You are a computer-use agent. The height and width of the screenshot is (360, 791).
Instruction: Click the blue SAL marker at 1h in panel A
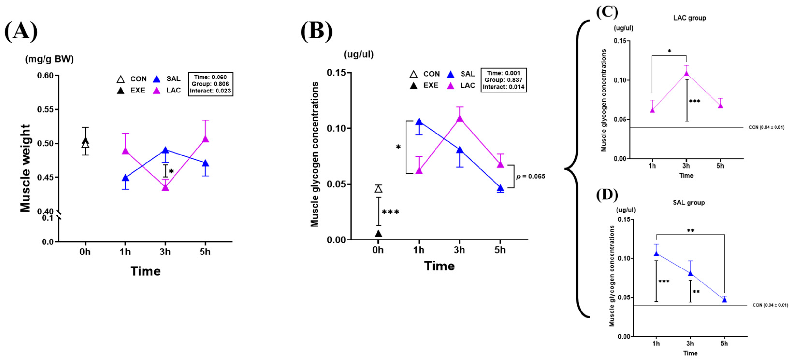click(125, 178)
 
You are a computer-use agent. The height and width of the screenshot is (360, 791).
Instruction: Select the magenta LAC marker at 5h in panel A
click(205, 139)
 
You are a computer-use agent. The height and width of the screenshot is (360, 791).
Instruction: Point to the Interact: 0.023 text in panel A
click(210, 91)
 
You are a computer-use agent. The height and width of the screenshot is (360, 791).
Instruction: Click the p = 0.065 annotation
click(531, 176)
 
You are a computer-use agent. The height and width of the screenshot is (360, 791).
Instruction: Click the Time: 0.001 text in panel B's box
click(504, 73)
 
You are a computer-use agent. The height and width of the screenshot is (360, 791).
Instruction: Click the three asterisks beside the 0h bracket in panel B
click(390, 212)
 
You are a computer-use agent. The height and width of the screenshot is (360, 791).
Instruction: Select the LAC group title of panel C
click(689, 18)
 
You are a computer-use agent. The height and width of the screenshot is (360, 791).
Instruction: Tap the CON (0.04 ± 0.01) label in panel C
click(766, 127)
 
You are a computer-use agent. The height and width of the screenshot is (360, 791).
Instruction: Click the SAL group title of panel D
click(689, 203)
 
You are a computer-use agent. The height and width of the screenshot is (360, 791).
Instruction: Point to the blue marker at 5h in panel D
click(724, 300)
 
